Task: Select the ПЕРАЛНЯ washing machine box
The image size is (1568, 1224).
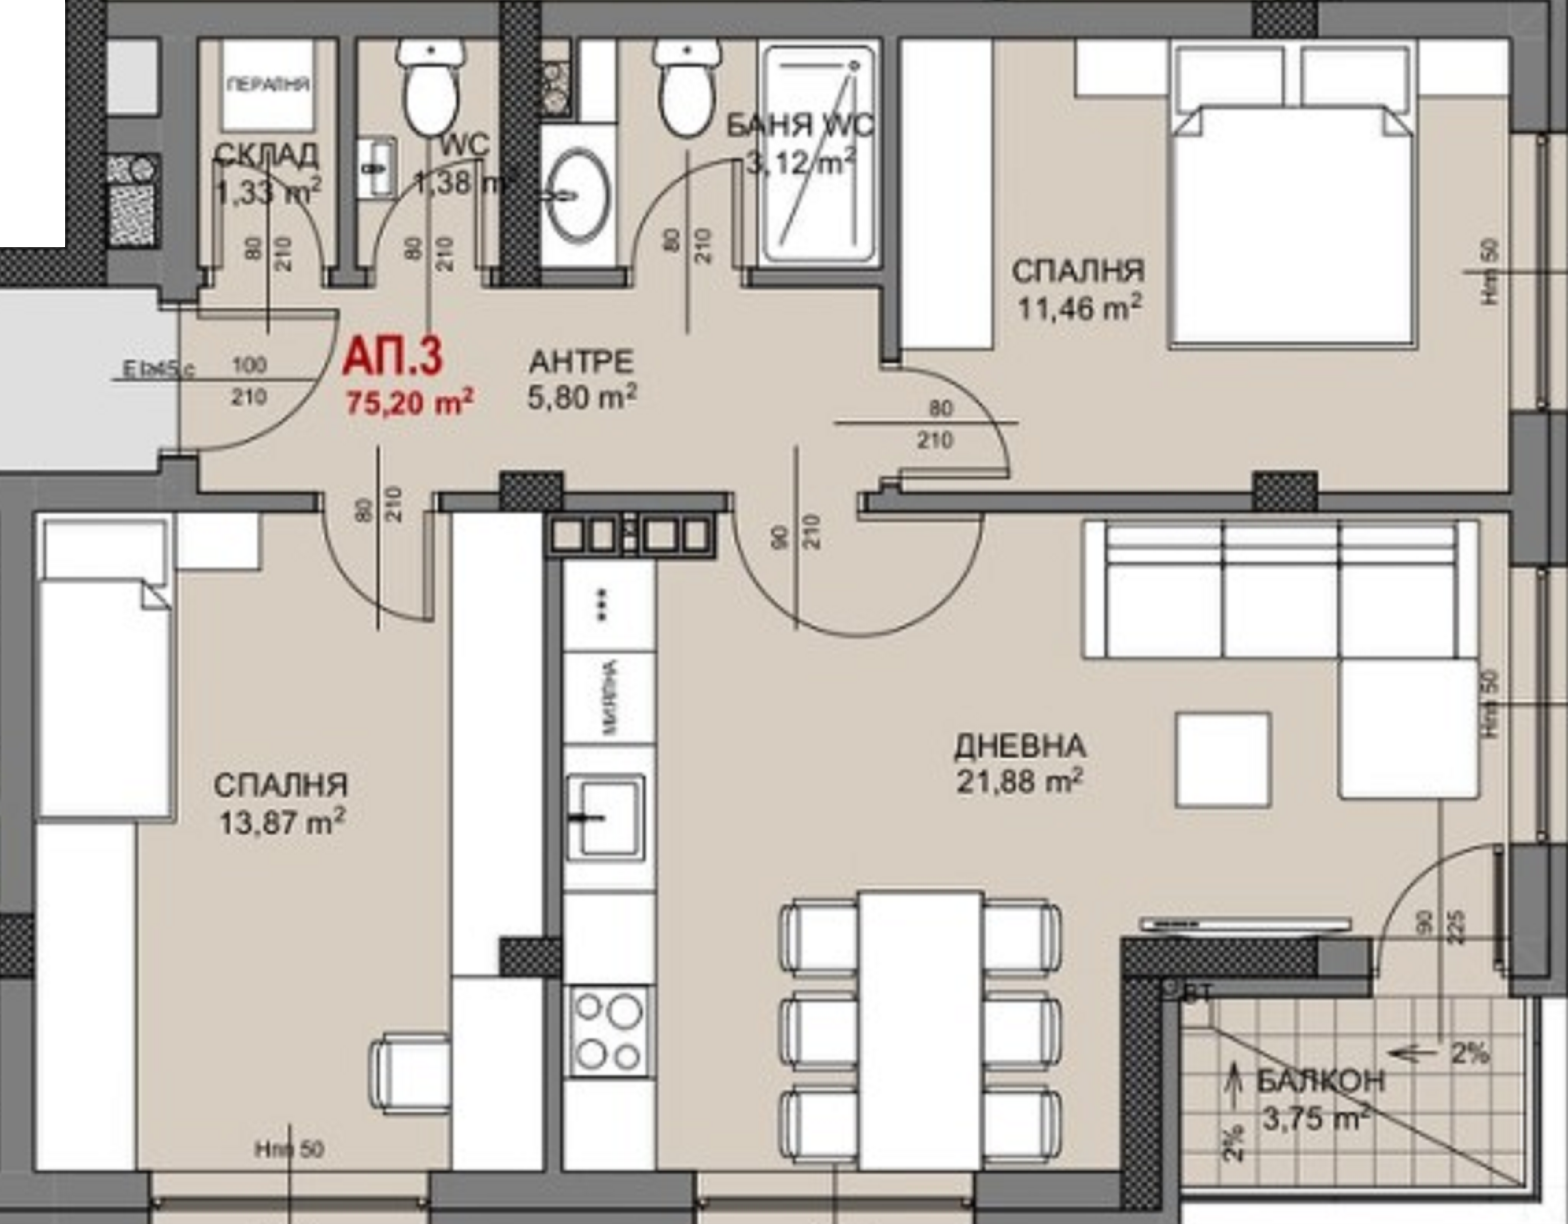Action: [268, 85]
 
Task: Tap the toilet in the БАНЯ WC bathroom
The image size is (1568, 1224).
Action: [688, 90]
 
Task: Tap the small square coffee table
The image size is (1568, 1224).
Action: [1223, 760]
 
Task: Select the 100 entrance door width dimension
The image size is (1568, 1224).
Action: [249, 365]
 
